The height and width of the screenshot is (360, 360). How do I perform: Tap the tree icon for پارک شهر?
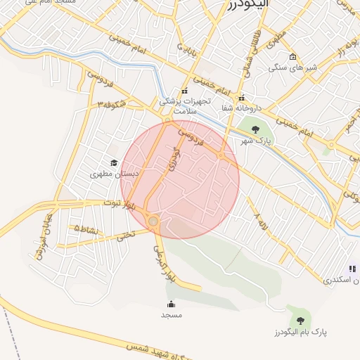point(255,129)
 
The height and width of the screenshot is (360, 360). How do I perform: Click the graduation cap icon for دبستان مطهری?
point(114,162)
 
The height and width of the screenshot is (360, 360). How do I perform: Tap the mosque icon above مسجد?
point(171,304)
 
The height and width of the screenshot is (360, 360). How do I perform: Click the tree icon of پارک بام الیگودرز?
point(301,321)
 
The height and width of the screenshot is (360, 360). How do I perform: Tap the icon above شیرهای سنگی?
point(293,57)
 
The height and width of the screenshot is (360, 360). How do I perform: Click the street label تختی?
point(124,238)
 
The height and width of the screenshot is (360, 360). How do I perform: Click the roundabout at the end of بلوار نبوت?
point(153,222)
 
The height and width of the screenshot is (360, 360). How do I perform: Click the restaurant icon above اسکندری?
point(352,268)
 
